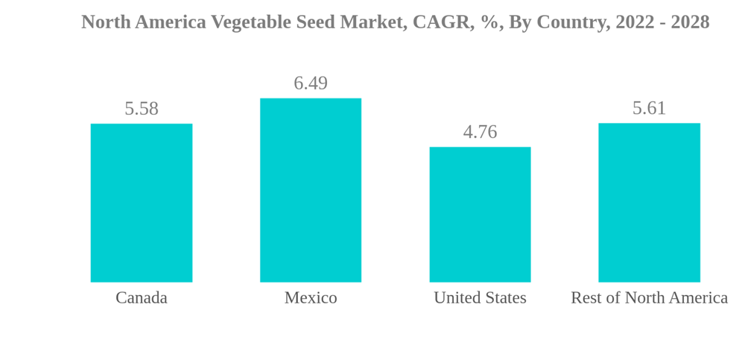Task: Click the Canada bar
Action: pos(142,203)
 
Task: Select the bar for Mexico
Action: pos(311,190)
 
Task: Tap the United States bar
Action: pos(480,215)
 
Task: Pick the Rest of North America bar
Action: pos(649,203)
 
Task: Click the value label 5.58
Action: pos(142,109)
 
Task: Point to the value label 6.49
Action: pos(311,83)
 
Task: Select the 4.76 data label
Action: pos(480,132)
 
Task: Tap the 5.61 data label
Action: pos(649,108)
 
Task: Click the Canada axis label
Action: pos(142,298)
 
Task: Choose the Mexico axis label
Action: pos(311,298)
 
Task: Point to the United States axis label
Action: pos(480,298)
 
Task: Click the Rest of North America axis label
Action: pos(649,298)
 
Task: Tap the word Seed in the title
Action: pos(315,22)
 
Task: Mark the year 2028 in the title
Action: pos(690,22)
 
